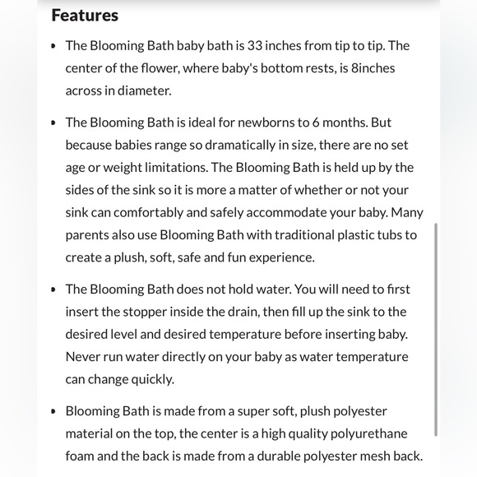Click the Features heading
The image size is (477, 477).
point(85,15)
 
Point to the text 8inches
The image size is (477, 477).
point(373,68)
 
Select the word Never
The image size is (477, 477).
point(83,357)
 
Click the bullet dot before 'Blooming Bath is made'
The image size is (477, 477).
point(53,411)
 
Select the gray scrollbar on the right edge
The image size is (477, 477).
point(436,329)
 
